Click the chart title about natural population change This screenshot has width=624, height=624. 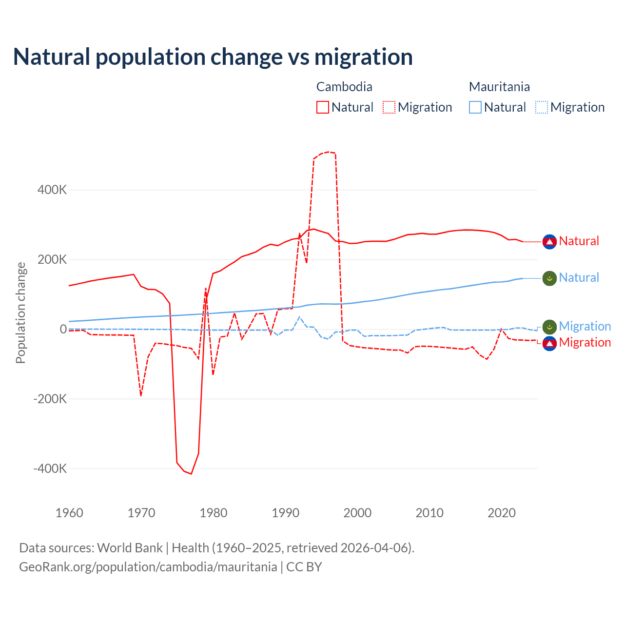(213, 57)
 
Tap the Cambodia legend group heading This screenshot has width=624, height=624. (344, 87)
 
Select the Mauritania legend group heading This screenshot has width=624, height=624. (499, 87)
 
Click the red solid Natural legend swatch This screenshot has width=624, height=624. (323, 107)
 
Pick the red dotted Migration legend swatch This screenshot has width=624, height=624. (389, 107)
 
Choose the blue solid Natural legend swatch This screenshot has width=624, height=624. (475, 107)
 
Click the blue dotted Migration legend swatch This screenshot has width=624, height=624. (542, 107)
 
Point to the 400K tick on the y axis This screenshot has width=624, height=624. (52, 190)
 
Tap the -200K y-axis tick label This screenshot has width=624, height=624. (50, 399)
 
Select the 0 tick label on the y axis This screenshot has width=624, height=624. (63, 329)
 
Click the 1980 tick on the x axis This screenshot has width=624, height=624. (214, 513)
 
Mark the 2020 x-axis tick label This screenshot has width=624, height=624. (502, 513)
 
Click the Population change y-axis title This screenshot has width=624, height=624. (20, 312)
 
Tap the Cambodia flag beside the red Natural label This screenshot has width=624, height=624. (549, 241)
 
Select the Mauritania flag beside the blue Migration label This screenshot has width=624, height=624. (549, 327)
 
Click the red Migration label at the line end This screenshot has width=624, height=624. (585, 342)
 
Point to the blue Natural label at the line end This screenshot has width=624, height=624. (579, 278)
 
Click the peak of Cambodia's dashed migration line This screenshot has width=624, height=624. (329, 152)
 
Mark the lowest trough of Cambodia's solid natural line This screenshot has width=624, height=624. (192, 474)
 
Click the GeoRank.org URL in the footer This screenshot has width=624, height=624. (148, 567)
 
